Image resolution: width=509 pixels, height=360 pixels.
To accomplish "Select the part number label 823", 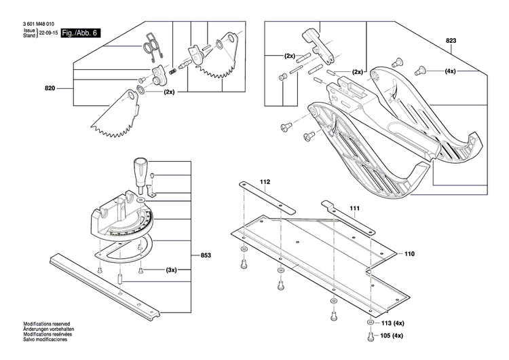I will click(451, 41).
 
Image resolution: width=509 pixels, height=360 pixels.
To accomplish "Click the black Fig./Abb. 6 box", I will click(79, 33).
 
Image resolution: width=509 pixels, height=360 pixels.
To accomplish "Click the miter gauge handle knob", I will click(141, 169).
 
